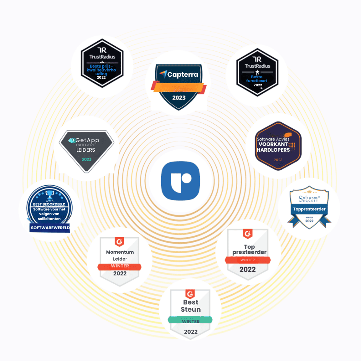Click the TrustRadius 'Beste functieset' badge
pyautogui.click(x=257, y=73)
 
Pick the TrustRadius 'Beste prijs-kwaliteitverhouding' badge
pyautogui.click(x=102, y=63)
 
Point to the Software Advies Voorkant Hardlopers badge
pyautogui.click(x=278, y=145)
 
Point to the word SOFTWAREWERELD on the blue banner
pyautogui.click(x=50, y=228)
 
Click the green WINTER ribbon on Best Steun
pyautogui.click(x=191, y=321)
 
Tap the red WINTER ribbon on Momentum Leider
pyautogui.click(x=120, y=266)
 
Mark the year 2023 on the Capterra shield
pyautogui.click(x=179, y=97)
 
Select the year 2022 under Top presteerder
pyautogui.click(x=248, y=269)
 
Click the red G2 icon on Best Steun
pyautogui.click(x=190, y=294)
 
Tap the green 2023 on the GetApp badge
pyautogui.click(x=86, y=159)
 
